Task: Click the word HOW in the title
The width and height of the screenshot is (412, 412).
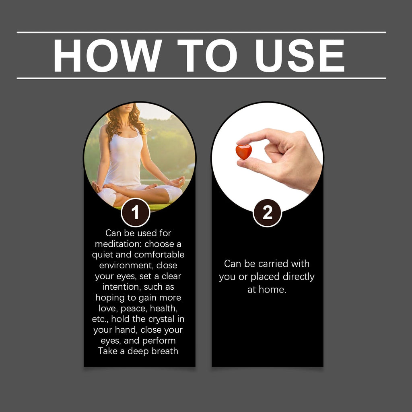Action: click(107, 56)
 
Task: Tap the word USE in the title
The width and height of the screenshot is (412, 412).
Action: click(299, 56)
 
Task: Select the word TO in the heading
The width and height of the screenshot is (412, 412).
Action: click(207, 56)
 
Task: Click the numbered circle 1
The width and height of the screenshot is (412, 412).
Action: click(135, 212)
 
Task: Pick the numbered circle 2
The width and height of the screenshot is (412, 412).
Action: click(267, 212)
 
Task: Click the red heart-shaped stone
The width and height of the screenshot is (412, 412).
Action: click(243, 152)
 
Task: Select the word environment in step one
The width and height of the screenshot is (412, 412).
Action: click(126, 266)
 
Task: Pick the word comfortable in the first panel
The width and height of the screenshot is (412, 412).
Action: click(159, 255)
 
